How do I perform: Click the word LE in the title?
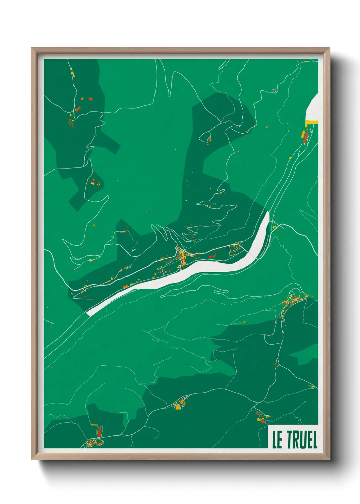tap(277, 440)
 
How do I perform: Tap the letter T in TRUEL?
tap(290, 440)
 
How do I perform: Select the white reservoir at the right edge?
tap(313, 107)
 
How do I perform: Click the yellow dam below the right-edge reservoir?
tap(311, 123)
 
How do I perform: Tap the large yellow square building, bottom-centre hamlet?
tap(178, 406)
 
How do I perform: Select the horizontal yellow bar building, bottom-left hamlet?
tap(94, 425)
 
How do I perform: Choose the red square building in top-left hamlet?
tap(91, 99)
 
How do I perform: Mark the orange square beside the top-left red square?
tap(82, 99)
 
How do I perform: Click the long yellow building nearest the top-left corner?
tap(72, 73)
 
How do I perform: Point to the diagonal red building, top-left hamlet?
tap(78, 109)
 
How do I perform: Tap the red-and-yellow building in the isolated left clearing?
tap(93, 181)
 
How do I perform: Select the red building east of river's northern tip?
tap(280, 230)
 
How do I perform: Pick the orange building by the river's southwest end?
tap(125, 286)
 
